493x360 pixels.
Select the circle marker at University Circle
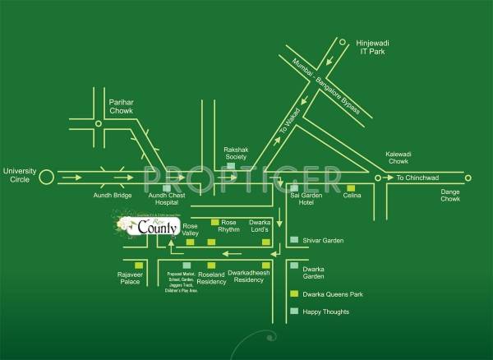click(47, 176)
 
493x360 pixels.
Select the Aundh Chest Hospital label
click(168, 200)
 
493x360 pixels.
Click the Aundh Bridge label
click(111, 196)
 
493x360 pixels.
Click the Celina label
click(352, 196)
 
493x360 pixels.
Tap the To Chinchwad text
click(418, 178)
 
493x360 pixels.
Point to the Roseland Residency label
click(211, 278)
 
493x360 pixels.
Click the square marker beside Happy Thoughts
click(295, 312)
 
